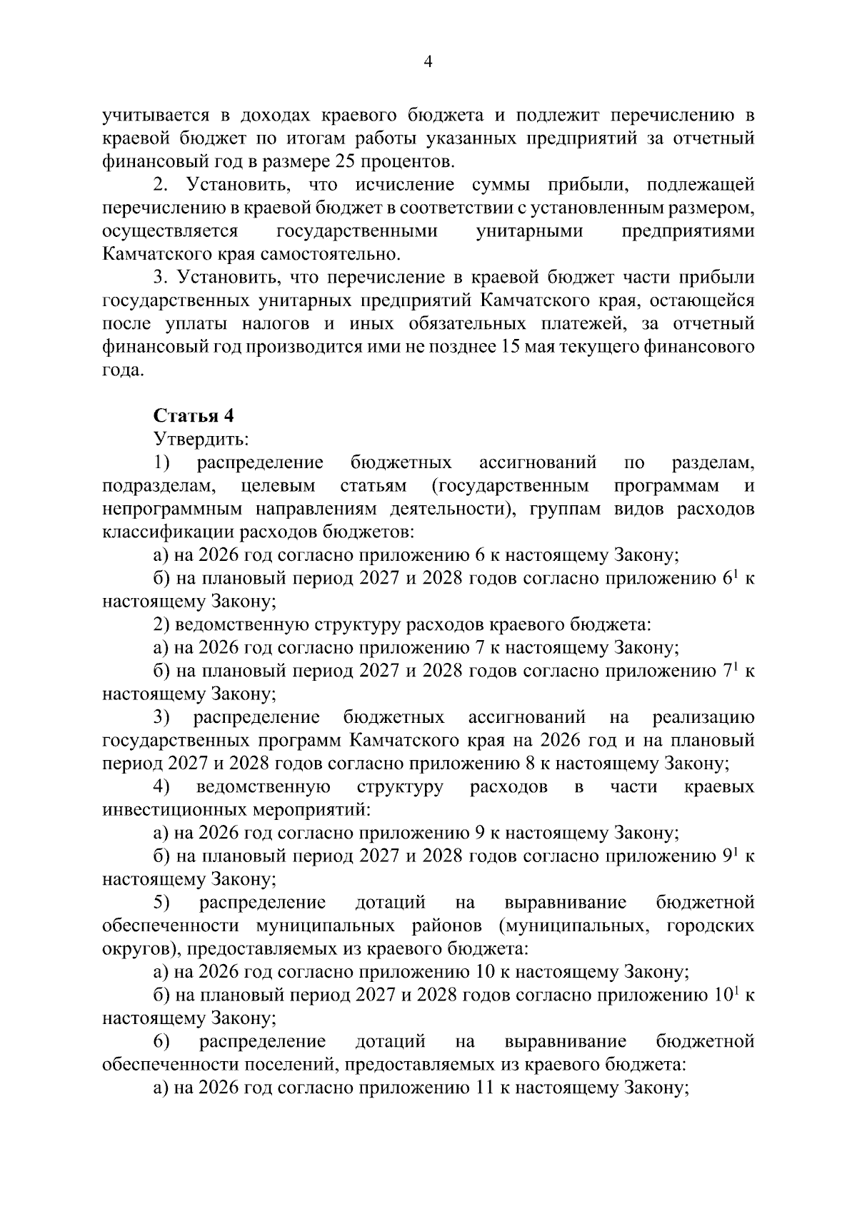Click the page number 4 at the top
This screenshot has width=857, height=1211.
click(428, 62)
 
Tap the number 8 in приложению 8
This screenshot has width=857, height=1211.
click(531, 763)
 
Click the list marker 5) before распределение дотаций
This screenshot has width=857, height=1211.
click(161, 902)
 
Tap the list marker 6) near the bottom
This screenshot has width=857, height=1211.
click(161, 1040)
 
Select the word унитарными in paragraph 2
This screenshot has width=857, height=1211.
click(528, 230)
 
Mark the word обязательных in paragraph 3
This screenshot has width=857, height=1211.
click(467, 323)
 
